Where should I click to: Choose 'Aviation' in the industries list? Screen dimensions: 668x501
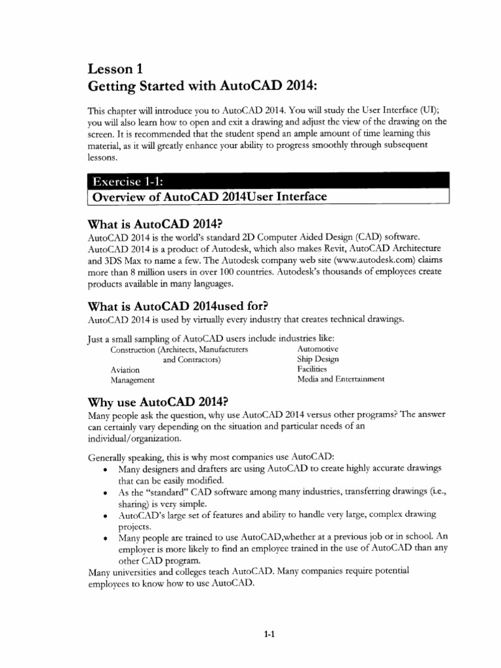(125, 369)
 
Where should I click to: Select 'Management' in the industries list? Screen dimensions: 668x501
(132, 380)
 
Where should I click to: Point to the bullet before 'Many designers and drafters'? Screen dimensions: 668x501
(105, 470)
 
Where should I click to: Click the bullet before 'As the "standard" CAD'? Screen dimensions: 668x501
(105, 493)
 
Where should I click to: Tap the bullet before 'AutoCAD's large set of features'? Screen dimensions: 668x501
(105, 516)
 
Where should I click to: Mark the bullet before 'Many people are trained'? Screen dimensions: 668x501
(105, 539)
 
